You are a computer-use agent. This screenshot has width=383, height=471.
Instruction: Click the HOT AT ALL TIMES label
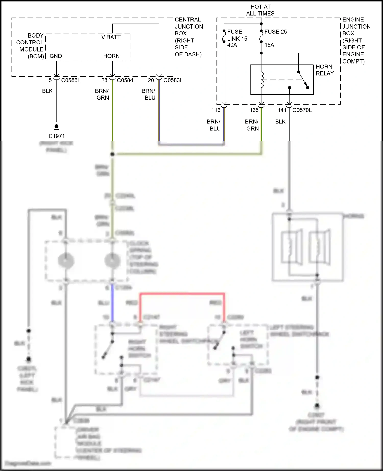click(260, 10)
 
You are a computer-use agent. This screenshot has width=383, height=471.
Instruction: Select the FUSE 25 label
click(276, 32)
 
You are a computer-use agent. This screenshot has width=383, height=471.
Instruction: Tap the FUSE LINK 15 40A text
click(237, 38)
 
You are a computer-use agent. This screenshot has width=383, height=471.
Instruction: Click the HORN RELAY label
click(325, 70)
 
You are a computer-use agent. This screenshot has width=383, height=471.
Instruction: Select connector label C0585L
click(71, 80)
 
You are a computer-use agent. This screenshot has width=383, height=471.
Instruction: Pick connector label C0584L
click(126, 80)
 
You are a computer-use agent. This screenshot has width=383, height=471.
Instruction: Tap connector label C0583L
click(173, 80)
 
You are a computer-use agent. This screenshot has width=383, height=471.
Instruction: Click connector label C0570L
click(302, 110)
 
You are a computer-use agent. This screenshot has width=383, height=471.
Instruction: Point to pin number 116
click(216, 110)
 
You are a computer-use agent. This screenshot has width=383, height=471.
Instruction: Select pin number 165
click(254, 110)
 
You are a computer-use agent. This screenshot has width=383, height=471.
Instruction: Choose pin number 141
click(282, 110)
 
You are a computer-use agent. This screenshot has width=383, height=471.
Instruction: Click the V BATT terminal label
click(111, 37)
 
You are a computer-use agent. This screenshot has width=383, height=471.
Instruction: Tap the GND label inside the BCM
click(56, 56)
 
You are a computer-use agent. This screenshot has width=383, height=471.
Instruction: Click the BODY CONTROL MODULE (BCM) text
click(30, 46)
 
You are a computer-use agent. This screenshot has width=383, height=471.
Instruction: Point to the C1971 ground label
click(56, 136)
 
